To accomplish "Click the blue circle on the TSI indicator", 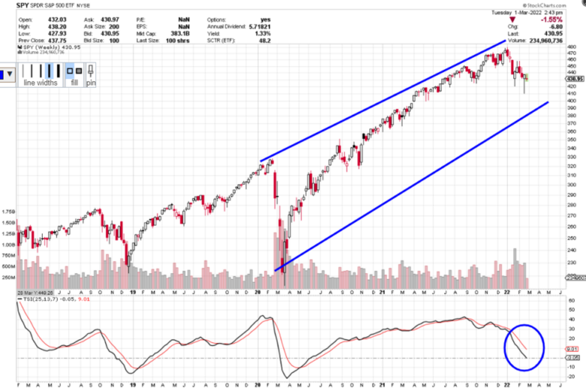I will (529, 347).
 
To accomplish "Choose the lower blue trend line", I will (413, 183).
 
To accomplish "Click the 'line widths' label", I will (41, 83).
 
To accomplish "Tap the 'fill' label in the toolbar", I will (73, 83).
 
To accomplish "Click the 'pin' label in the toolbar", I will (91, 83).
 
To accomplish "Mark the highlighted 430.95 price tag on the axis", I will (575, 78).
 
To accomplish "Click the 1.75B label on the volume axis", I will (8, 212).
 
